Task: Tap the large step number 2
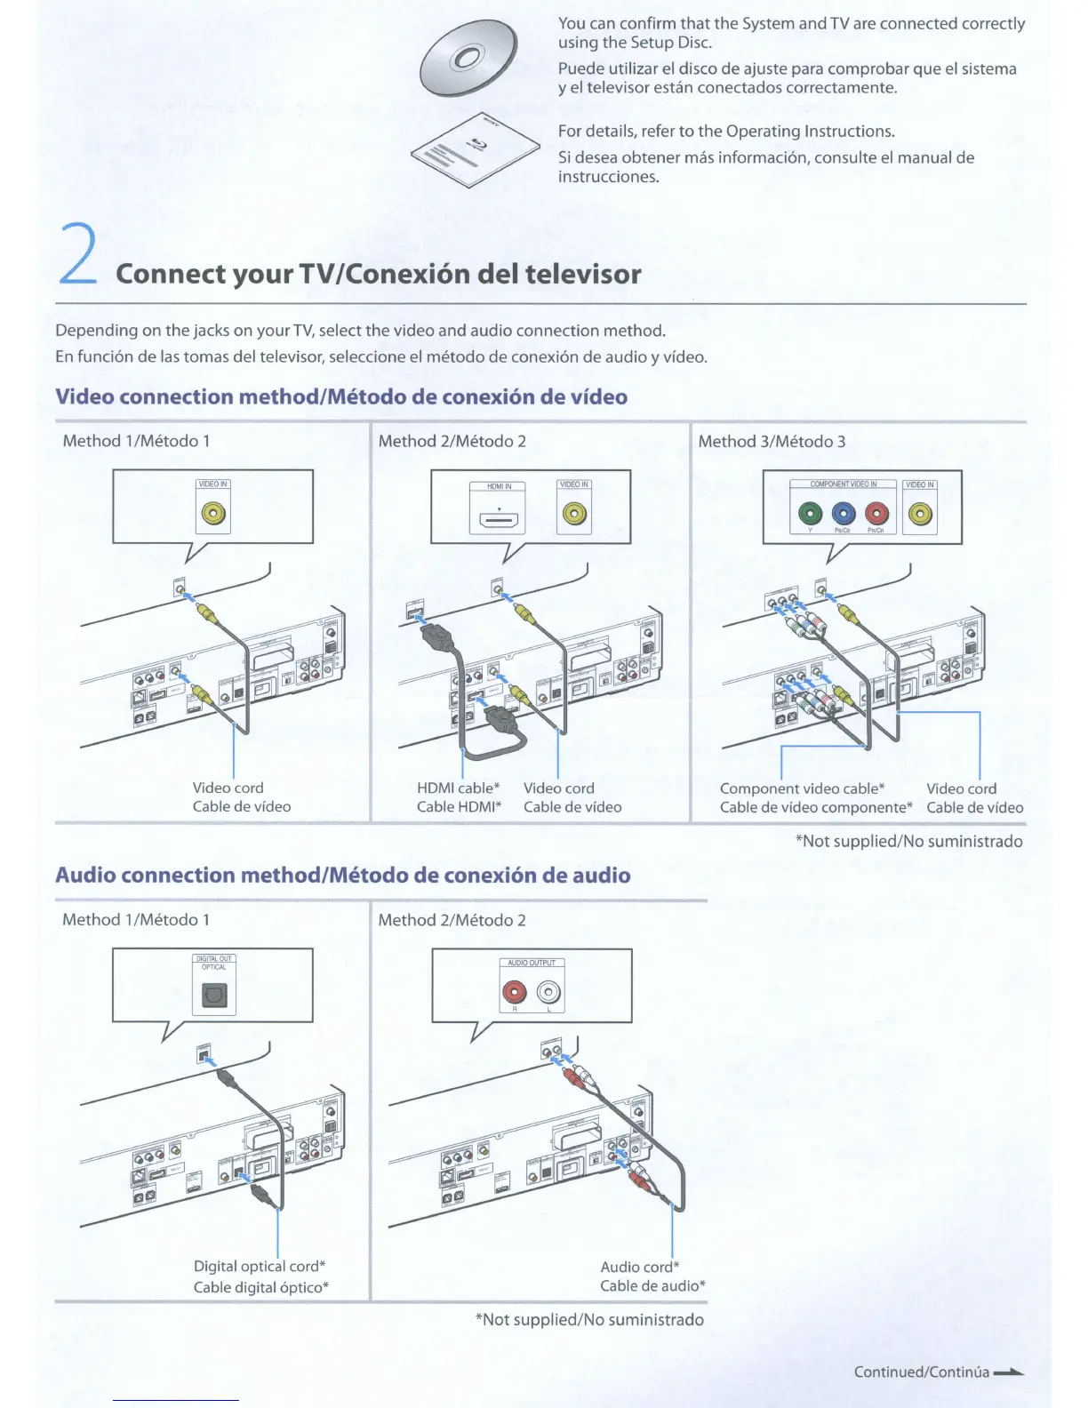point(78,254)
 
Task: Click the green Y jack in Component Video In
point(810,514)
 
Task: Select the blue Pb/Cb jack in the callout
point(844,514)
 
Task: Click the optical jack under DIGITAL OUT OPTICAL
point(213,995)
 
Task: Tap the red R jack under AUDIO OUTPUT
point(515,992)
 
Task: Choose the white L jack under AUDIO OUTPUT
point(549,992)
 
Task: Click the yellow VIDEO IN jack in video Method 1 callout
point(213,514)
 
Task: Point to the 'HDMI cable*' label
point(458,788)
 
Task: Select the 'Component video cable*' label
point(802,788)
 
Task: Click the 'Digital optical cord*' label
point(260,1266)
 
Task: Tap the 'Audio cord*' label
point(639,1267)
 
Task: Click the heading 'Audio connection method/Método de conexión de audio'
point(342,876)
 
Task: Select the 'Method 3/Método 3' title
point(772,441)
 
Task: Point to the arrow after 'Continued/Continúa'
point(1009,1372)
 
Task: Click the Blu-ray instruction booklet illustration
point(476,152)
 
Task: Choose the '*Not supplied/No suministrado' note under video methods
point(908,841)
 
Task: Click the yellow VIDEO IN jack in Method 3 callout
point(920,514)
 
